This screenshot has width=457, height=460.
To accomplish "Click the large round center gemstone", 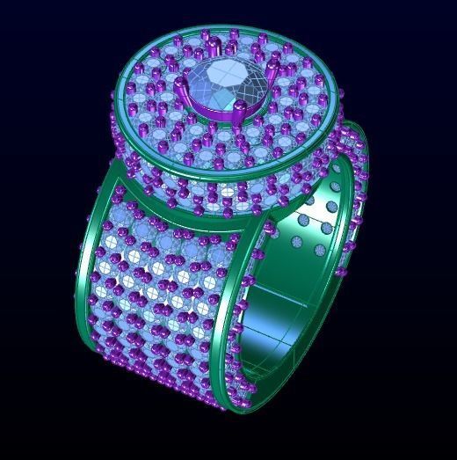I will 215,85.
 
